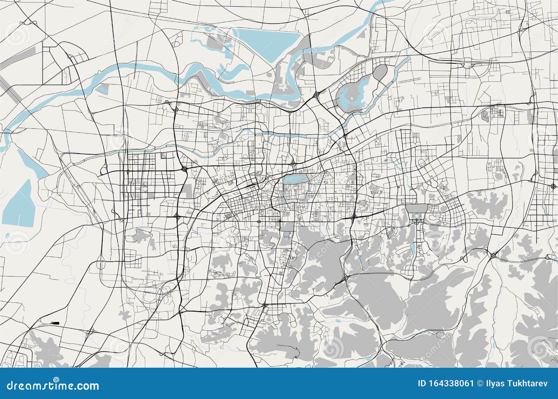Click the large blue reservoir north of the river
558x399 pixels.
(x=269, y=44)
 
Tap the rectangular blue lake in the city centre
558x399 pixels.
(x=296, y=180)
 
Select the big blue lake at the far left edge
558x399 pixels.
(x=19, y=204)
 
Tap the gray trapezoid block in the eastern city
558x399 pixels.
(x=416, y=209)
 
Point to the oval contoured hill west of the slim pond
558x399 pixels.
(x=391, y=232)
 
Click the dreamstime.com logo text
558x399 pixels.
(x=51, y=385)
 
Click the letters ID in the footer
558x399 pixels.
(x=422, y=383)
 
